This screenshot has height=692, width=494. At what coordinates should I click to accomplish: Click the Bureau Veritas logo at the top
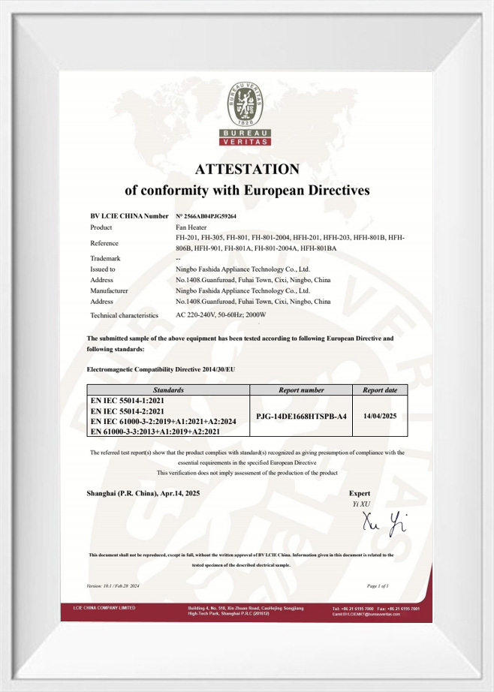click(x=247, y=113)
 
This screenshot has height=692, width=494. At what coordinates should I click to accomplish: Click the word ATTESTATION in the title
click(x=247, y=169)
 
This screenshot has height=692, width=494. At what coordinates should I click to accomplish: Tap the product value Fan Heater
click(x=191, y=227)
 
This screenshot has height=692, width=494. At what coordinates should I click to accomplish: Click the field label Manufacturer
click(x=110, y=290)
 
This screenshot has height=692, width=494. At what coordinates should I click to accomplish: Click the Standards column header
click(x=168, y=390)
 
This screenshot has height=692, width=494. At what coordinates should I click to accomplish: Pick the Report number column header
click(x=301, y=390)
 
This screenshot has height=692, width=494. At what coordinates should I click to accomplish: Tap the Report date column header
click(x=380, y=390)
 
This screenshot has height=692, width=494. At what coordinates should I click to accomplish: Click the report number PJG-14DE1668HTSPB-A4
click(x=301, y=415)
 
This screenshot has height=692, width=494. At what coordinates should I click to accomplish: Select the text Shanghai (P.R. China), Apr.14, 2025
click(x=147, y=493)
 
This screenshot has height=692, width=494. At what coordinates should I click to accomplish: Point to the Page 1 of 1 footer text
click(x=378, y=585)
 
